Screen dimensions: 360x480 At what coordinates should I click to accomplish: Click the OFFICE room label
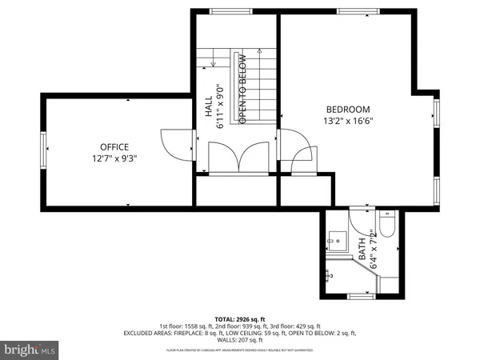click(x=114, y=146)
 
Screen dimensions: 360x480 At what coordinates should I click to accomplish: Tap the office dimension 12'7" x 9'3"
click(x=114, y=158)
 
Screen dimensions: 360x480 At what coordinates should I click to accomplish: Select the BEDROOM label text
click(x=348, y=110)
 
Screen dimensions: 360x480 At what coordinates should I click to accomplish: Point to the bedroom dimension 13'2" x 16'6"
click(x=348, y=122)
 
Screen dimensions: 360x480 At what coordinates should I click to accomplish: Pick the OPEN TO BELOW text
click(x=242, y=88)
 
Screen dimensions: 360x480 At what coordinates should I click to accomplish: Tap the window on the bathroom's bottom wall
click(x=362, y=297)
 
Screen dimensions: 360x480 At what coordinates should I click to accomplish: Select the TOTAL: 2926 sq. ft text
click(x=239, y=319)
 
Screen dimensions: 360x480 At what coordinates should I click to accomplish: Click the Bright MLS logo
click(x=30, y=349)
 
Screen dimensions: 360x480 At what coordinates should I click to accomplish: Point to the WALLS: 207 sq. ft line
click(x=240, y=339)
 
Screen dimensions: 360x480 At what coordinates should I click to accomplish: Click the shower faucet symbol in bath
click(x=329, y=275)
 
